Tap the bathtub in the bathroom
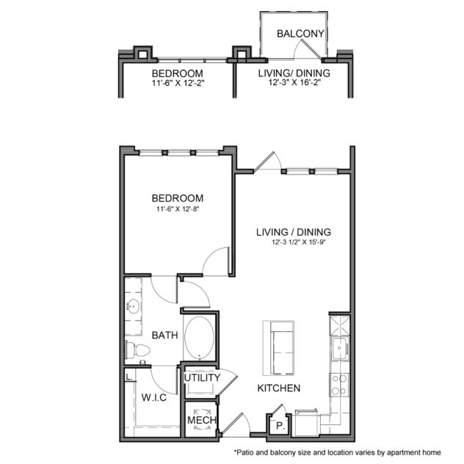(199, 337)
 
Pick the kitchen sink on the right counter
(338, 349)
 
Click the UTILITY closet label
(202, 378)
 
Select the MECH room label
(200, 421)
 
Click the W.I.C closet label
(154, 398)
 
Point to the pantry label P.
(280, 424)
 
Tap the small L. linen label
(130, 376)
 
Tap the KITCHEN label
(278, 388)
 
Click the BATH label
(164, 336)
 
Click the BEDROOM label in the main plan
(177, 198)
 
